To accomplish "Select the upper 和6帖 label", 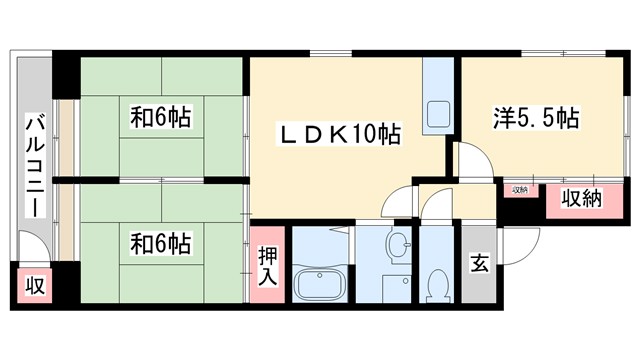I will tap(160, 118).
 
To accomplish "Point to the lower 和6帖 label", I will tap(160, 242).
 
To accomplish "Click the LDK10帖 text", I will tap(339, 134).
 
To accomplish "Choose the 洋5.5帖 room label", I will tap(536, 118).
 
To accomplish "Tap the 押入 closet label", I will tap(267, 265).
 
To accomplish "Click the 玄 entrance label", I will tap(479, 265).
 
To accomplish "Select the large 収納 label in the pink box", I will tap(581, 198).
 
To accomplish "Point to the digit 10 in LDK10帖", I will tap(364, 134).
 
